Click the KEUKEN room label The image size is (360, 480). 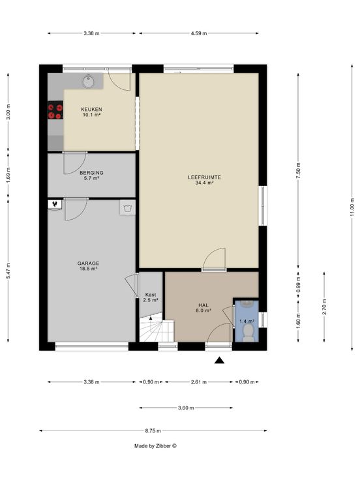(x=91, y=110)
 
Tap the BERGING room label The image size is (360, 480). (x=91, y=173)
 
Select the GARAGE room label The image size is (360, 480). (x=88, y=263)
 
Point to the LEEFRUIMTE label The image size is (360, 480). (x=204, y=177)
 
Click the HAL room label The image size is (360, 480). (x=203, y=305)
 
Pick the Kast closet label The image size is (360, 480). (x=151, y=295)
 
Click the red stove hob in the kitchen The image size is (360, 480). (x=55, y=110)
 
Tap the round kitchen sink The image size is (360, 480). (x=89, y=82)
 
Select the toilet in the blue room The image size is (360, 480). (x=248, y=333)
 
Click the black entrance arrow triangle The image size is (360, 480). (x=219, y=360)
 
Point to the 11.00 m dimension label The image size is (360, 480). (x=352, y=207)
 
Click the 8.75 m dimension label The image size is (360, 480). (x=153, y=430)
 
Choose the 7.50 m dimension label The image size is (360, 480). (x=299, y=172)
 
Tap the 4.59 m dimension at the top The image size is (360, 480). (x=199, y=33)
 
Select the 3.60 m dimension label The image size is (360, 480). (x=186, y=408)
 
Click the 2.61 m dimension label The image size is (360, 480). (x=199, y=382)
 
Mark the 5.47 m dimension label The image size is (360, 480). (x=8, y=271)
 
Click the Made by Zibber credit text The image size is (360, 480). (x=155, y=446)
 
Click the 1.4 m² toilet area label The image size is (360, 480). (x=247, y=321)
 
